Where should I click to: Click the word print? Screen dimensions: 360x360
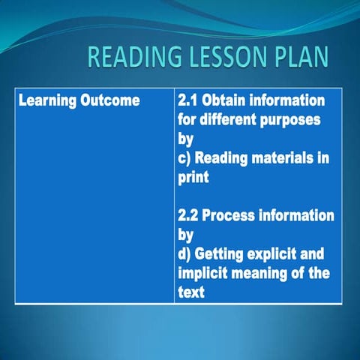pyautogui.click(x=193, y=178)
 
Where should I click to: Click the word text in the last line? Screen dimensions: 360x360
pyautogui.click(x=191, y=292)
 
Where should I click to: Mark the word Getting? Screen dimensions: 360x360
pyautogui.click(x=222, y=255)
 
